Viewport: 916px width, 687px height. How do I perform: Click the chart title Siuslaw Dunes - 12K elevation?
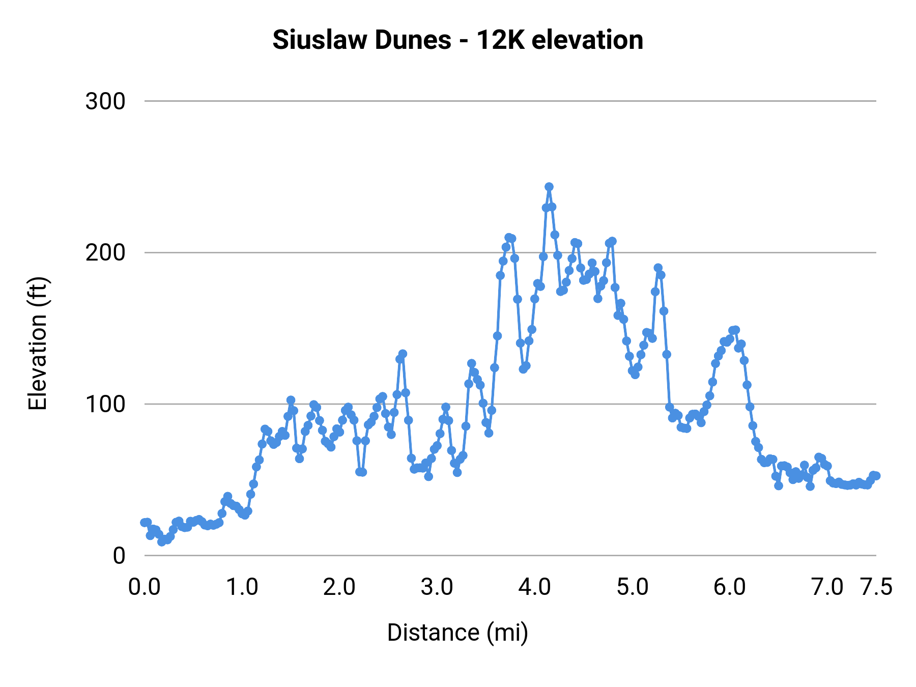click(x=457, y=40)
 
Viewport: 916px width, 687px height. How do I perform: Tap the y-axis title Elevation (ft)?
click(x=38, y=343)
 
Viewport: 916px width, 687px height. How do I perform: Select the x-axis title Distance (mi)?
click(x=457, y=633)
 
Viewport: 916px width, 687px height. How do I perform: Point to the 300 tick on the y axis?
click(x=105, y=101)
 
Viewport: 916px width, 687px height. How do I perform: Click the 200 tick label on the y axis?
click(x=105, y=252)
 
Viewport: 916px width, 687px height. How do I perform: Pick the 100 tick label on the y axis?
click(x=105, y=404)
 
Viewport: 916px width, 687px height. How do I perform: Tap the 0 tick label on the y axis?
click(x=119, y=555)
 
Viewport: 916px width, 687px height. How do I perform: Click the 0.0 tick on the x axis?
click(x=145, y=587)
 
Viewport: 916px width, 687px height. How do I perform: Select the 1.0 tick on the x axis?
click(x=242, y=587)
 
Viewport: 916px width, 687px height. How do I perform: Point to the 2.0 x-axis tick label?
click(x=339, y=587)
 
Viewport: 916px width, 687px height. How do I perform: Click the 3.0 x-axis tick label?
click(x=437, y=587)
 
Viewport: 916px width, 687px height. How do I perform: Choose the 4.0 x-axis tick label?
click(x=535, y=587)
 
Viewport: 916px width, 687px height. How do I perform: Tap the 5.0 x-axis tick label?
click(x=633, y=587)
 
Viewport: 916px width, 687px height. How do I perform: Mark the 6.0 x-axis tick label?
click(x=730, y=587)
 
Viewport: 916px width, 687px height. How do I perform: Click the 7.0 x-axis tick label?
click(x=827, y=587)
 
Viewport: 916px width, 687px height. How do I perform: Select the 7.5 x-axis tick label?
click(x=876, y=587)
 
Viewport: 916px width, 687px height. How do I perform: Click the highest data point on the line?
click(x=549, y=187)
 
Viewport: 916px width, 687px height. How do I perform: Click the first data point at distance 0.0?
click(x=145, y=523)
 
